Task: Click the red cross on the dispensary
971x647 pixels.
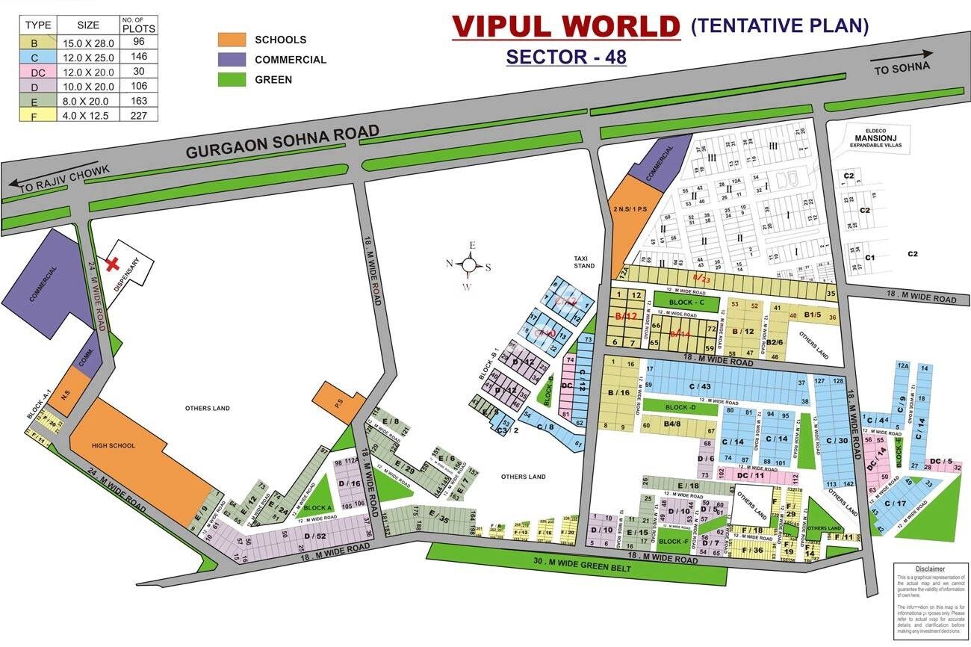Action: click(x=114, y=263)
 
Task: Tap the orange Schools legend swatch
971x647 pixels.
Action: click(x=232, y=40)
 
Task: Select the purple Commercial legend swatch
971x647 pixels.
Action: click(x=232, y=59)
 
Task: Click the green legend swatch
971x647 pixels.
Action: click(x=232, y=79)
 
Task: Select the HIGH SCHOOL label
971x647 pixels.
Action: click(x=113, y=446)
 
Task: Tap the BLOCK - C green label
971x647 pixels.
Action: click(x=686, y=303)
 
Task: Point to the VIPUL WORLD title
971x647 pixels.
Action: click(x=565, y=26)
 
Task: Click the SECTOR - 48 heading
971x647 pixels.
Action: click(x=565, y=57)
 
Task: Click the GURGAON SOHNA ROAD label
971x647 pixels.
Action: click(x=282, y=142)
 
